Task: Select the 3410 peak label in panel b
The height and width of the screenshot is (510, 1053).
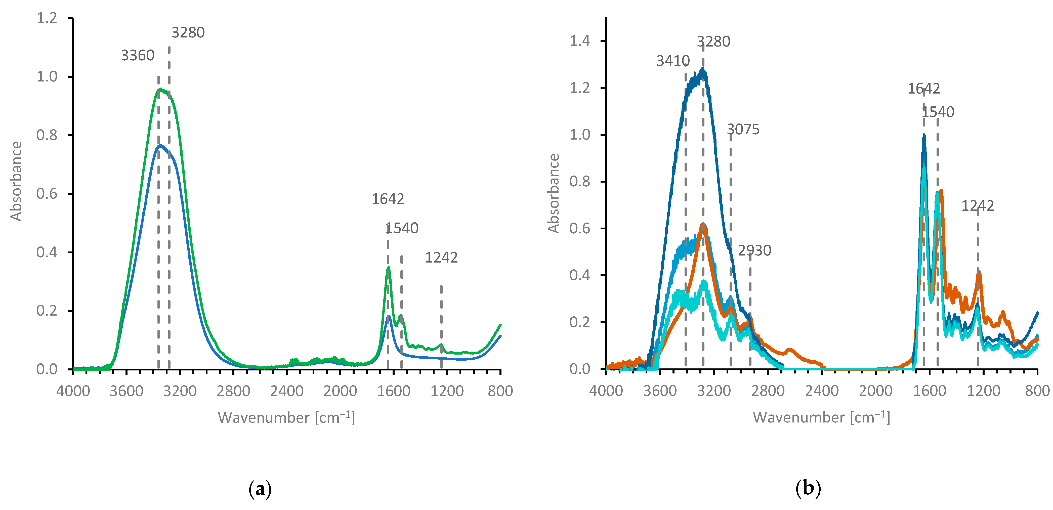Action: pyautogui.click(x=672, y=61)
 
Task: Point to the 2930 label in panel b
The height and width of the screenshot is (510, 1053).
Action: pyautogui.click(x=754, y=250)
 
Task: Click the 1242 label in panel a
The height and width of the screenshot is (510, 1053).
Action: pyautogui.click(x=441, y=258)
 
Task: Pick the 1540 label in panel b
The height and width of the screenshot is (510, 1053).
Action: pyautogui.click(x=938, y=112)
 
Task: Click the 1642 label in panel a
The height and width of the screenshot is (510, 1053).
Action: pyautogui.click(x=388, y=199)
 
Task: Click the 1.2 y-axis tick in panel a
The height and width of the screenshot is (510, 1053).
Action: pyautogui.click(x=47, y=18)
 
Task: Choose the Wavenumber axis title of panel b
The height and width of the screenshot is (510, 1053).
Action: pyautogui.click(x=821, y=417)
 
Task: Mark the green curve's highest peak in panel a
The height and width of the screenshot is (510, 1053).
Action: pyautogui.click(x=160, y=89)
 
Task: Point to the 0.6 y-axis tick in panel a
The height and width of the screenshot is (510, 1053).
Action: pyautogui.click(x=47, y=194)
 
